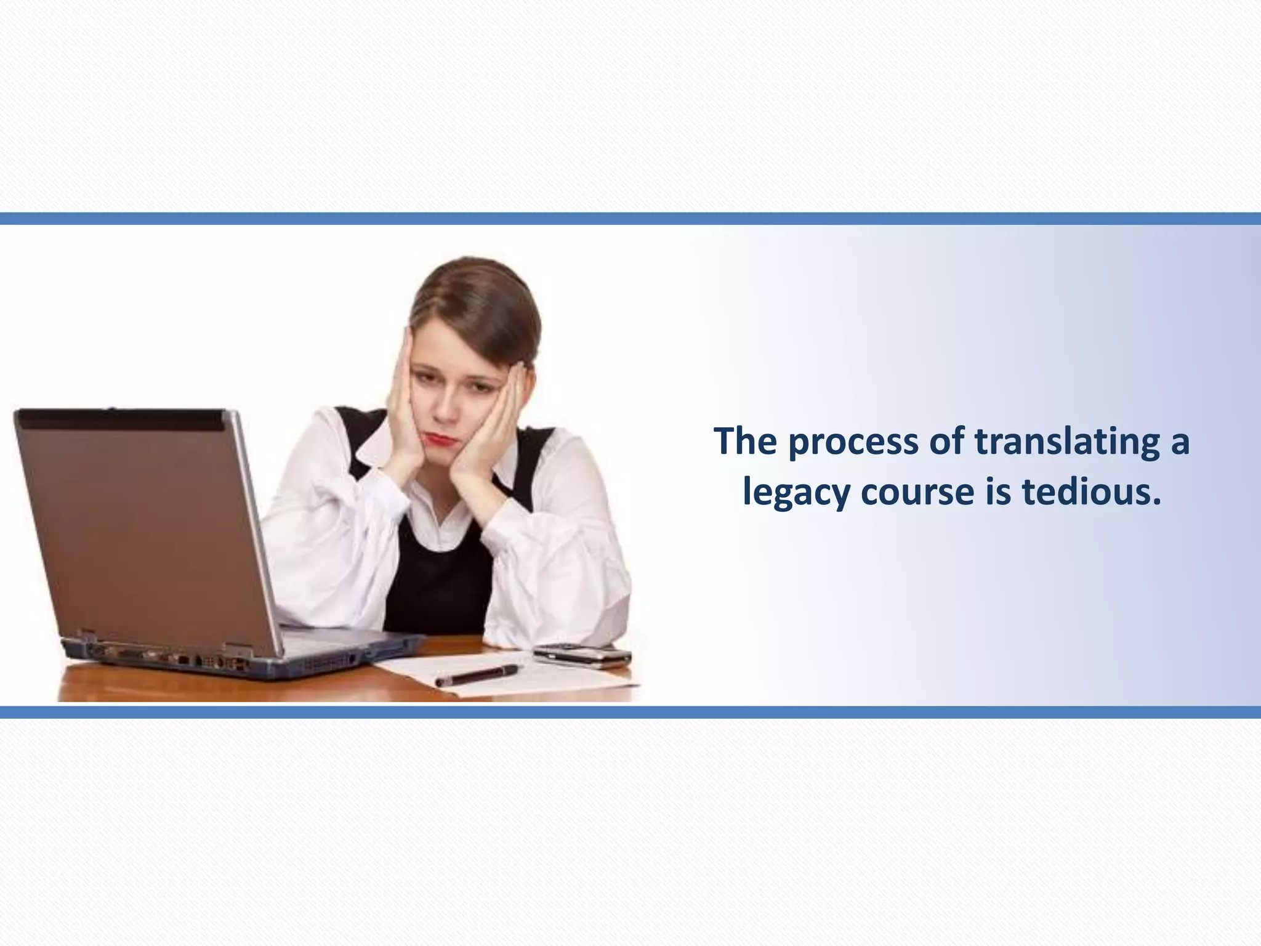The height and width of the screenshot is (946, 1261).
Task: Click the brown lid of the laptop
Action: click(x=142, y=530)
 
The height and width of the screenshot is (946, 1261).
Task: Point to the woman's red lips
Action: click(x=438, y=439)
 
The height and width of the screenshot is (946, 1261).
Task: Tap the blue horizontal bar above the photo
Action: click(x=630, y=219)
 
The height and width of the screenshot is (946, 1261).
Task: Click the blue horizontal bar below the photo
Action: click(x=630, y=712)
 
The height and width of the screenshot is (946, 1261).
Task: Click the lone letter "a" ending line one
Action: click(x=1178, y=443)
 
